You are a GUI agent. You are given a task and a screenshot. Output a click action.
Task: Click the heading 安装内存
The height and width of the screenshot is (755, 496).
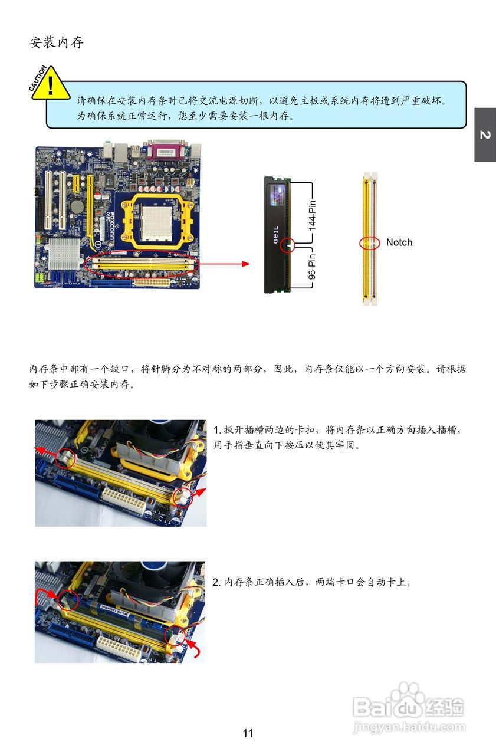pos(57,42)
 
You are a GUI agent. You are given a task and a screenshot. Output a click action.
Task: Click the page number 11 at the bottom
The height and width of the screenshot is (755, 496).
pos(248,733)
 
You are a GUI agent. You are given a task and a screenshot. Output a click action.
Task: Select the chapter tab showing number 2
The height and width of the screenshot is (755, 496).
pos(485,135)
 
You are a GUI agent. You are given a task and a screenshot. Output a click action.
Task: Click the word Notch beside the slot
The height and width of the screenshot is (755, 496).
pos(399,242)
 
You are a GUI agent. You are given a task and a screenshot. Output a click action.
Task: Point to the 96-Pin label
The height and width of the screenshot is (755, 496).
pos(313,267)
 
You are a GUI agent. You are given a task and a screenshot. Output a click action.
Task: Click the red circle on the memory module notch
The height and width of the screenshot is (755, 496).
pos(287,245)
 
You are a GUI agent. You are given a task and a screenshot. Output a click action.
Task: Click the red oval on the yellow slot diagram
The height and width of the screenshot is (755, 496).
pos(370,243)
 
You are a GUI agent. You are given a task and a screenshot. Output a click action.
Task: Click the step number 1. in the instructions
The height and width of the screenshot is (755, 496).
pos(216,429)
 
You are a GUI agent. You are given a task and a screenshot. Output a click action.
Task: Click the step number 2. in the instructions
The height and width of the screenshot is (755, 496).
pos(216,582)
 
